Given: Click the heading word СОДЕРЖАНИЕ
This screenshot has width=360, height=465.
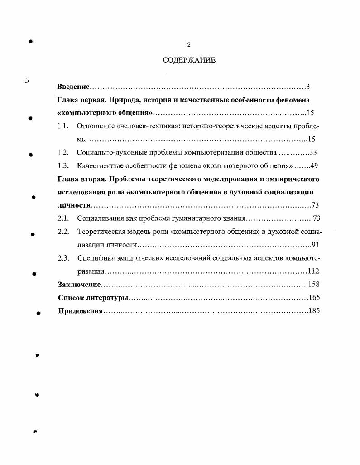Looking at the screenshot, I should pyautogui.click(x=189, y=60).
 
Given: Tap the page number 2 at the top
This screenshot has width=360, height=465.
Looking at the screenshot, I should pyautogui.click(x=189, y=44).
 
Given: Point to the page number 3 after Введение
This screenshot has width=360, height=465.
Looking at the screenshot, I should pyautogui.click(x=307, y=87).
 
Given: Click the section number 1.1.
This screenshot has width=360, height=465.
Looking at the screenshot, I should pyautogui.click(x=63, y=126).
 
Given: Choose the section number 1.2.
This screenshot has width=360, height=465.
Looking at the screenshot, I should pyautogui.click(x=63, y=153).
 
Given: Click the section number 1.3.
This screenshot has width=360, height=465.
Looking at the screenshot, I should pyautogui.click(x=63, y=166).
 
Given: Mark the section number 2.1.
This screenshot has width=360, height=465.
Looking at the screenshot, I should pyautogui.click(x=63, y=219).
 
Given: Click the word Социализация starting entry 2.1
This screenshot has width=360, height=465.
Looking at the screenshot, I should pyautogui.click(x=101, y=219).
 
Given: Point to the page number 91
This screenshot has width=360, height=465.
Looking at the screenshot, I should pyautogui.click(x=315, y=245).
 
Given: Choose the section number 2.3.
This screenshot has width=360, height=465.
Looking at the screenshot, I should pyautogui.click(x=63, y=258).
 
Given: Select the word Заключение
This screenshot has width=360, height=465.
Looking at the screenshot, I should pyautogui.click(x=79, y=285).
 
